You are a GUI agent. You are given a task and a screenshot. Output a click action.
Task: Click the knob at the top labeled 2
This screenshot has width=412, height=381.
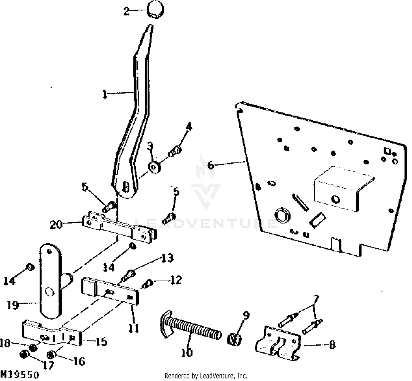pyautogui.click(x=156, y=10)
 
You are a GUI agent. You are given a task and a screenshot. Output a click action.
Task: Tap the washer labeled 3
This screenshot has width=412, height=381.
pyautogui.click(x=154, y=167)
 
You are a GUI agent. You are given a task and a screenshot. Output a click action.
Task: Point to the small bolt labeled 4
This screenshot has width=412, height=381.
pyautogui.click(x=175, y=151)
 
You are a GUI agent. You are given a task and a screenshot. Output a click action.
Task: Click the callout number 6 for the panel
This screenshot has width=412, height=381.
pyautogui.click(x=211, y=166)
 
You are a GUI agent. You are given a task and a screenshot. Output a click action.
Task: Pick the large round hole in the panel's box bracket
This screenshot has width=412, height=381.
pyautogui.click(x=335, y=199)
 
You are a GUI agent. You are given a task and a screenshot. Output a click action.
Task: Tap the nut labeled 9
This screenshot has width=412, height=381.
pyautogui.click(x=234, y=339)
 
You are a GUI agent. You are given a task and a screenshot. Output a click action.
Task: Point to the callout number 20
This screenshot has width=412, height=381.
pyautogui.click(x=56, y=225)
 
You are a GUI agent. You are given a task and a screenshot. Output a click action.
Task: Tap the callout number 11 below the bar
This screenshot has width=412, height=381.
pyautogui.click(x=134, y=328)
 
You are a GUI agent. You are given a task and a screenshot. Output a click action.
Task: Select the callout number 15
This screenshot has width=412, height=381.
pyautogui.click(x=101, y=342)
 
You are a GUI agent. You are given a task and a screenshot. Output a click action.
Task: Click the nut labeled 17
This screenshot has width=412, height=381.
pyautogui.click(x=24, y=354)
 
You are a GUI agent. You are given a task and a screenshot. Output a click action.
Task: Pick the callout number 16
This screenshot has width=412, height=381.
pyautogui.click(x=79, y=362)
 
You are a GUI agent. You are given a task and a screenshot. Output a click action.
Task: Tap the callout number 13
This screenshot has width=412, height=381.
pyautogui.click(x=167, y=258)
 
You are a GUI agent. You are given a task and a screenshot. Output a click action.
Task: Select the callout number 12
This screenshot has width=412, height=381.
pyautogui.click(x=176, y=280)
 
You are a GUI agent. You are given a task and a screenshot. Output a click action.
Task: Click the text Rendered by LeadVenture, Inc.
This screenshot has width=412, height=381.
pyautogui.click(x=206, y=376)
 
